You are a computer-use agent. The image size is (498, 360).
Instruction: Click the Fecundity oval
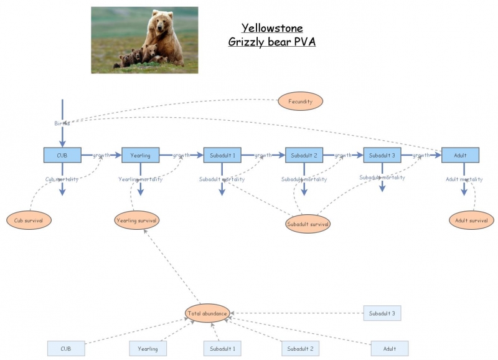(x=300, y=100)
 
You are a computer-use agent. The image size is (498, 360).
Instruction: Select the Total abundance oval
(x=207, y=313)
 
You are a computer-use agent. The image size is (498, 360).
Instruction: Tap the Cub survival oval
(x=29, y=220)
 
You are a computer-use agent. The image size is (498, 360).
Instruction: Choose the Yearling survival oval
(x=137, y=220)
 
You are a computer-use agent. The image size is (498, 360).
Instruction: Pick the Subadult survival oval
(x=308, y=223)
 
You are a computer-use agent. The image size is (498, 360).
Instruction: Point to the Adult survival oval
(x=471, y=220)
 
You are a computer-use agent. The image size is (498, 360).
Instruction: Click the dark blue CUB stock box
(x=62, y=154)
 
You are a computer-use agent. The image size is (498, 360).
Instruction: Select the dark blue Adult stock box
(x=460, y=154)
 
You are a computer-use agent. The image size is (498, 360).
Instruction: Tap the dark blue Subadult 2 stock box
(x=304, y=154)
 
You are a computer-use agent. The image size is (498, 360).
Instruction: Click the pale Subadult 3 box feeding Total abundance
(x=382, y=313)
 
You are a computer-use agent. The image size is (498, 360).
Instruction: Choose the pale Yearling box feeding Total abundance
(x=148, y=349)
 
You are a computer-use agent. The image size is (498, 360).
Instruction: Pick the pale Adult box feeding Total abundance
(x=390, y=349)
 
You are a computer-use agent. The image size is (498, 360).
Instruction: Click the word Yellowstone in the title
(x=272, y=28)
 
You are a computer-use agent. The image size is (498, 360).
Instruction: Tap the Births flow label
(x=62, y=123)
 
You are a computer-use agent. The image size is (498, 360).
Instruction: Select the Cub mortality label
(x=62, y=179)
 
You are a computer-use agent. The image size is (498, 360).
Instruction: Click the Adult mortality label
(x=464, y=179)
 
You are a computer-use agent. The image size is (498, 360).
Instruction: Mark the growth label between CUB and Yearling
(x=101, y=155)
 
